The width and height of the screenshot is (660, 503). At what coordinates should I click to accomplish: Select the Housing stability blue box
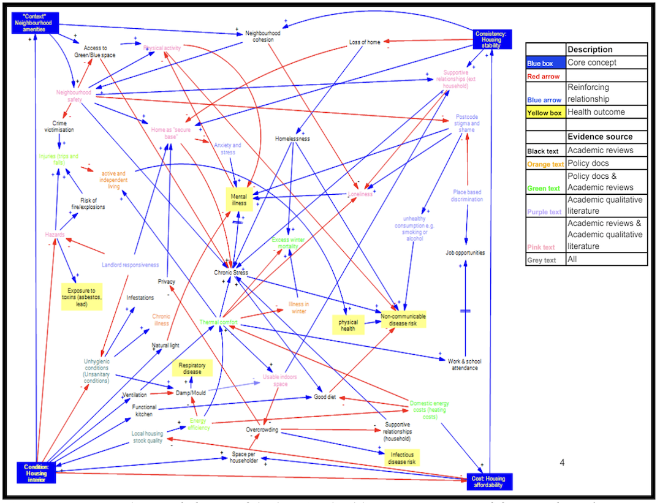click(491, 39)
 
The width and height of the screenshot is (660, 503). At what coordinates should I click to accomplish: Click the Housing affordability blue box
click(488, 482)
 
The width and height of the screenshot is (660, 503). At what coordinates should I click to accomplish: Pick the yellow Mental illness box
click(238, 199)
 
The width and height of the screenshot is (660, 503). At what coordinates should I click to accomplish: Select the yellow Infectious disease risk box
click(402, 458)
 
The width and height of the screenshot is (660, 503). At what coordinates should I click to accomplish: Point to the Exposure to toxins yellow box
click(82, 297)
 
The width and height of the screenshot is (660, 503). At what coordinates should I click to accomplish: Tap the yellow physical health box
click(348, 325)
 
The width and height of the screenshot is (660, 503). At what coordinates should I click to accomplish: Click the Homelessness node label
click(292, 138)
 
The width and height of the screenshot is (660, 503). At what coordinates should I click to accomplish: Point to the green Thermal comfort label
click(218, 322)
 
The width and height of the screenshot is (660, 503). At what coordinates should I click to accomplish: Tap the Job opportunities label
click(465, 252)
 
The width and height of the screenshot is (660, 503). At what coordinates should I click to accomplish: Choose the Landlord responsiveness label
click(130, 265)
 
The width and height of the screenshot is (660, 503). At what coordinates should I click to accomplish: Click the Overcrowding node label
click(262, 429)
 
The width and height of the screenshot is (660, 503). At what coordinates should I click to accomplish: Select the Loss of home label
click(365, 42)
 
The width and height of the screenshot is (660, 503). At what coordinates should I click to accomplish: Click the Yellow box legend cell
click(545, 112)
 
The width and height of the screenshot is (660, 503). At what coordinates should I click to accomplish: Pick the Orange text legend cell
click(545, 164)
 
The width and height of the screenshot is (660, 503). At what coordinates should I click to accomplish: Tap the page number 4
click(562, 463)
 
